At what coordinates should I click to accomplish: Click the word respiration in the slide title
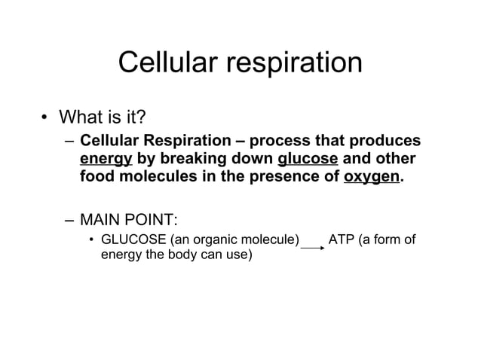click(x=295, y=64)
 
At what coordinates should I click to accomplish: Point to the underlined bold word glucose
click(x=307, y=160)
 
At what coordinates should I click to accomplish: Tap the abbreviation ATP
click(x=344, y=241)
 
